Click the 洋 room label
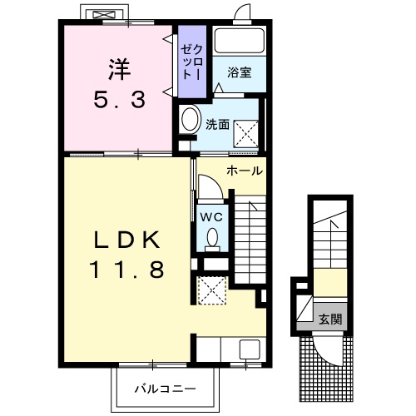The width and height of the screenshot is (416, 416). click(x=120, y=70)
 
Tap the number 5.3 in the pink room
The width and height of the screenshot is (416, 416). click(x=120, y=100)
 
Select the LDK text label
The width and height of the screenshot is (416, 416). click(x=127, y=240)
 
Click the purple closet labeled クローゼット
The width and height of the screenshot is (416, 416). click(x=192, y=62)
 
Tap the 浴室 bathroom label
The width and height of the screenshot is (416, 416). click(x=240, y=72)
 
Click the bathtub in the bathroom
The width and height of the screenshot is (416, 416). click(x=240, y=41)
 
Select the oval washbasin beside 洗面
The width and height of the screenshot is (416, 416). click(x=191, y=119)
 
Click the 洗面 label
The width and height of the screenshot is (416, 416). click(x=217, y=125)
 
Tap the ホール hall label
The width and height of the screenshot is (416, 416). click(x=245, y=171)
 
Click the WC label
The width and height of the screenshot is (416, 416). click(x=211, y=217)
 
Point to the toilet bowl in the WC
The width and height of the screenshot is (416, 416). click(x=213, y=237)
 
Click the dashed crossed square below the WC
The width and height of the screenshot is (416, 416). click(x=212, y=290)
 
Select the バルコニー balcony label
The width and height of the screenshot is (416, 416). click(x=166, y=389)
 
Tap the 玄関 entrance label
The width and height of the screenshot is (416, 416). click(x=330, y=319)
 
